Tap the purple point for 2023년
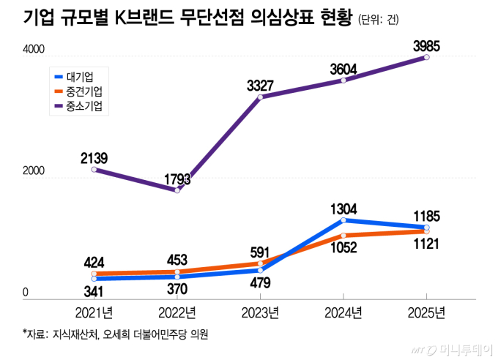[261, 97]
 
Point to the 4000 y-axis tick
[34, 50]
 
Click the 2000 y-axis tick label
[34, 170]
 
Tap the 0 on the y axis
[26, 292]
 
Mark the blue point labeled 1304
[344, 220]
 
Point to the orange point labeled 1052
[344, 236]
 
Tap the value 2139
[94, 156]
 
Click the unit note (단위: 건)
[379, 20]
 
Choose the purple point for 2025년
[427, 57]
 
